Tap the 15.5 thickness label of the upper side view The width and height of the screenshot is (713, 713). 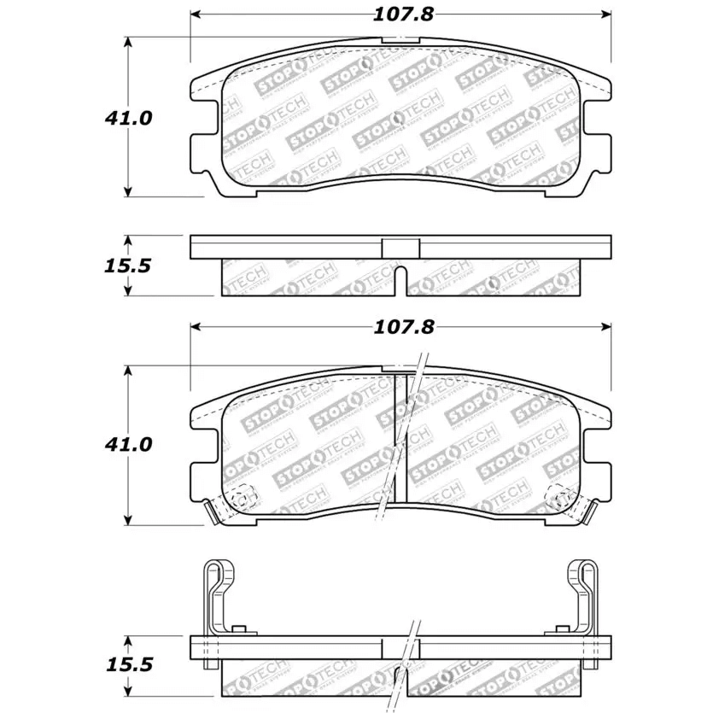pyautogui.click(x=127, y=266)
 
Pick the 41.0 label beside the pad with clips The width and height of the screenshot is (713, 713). pyautogui.click(x=129, y=445)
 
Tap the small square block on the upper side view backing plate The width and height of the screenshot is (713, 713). pyautogui.click(x=400, y=246)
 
